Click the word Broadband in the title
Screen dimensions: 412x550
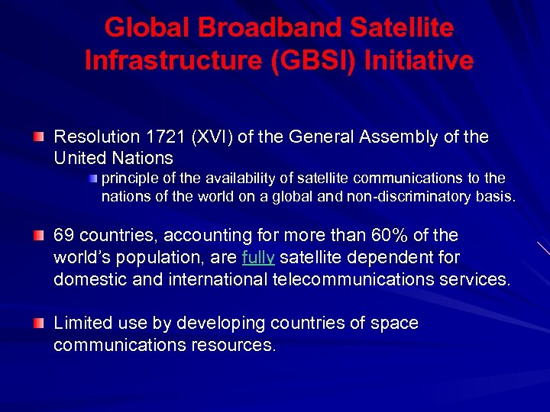[x=263, y=28]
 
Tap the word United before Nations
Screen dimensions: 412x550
[x=80, y=158]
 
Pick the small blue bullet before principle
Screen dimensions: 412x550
[x=93, y=178]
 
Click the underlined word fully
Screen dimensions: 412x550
[x=257, y=258]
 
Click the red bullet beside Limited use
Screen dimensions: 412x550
[x=38, y=323]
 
